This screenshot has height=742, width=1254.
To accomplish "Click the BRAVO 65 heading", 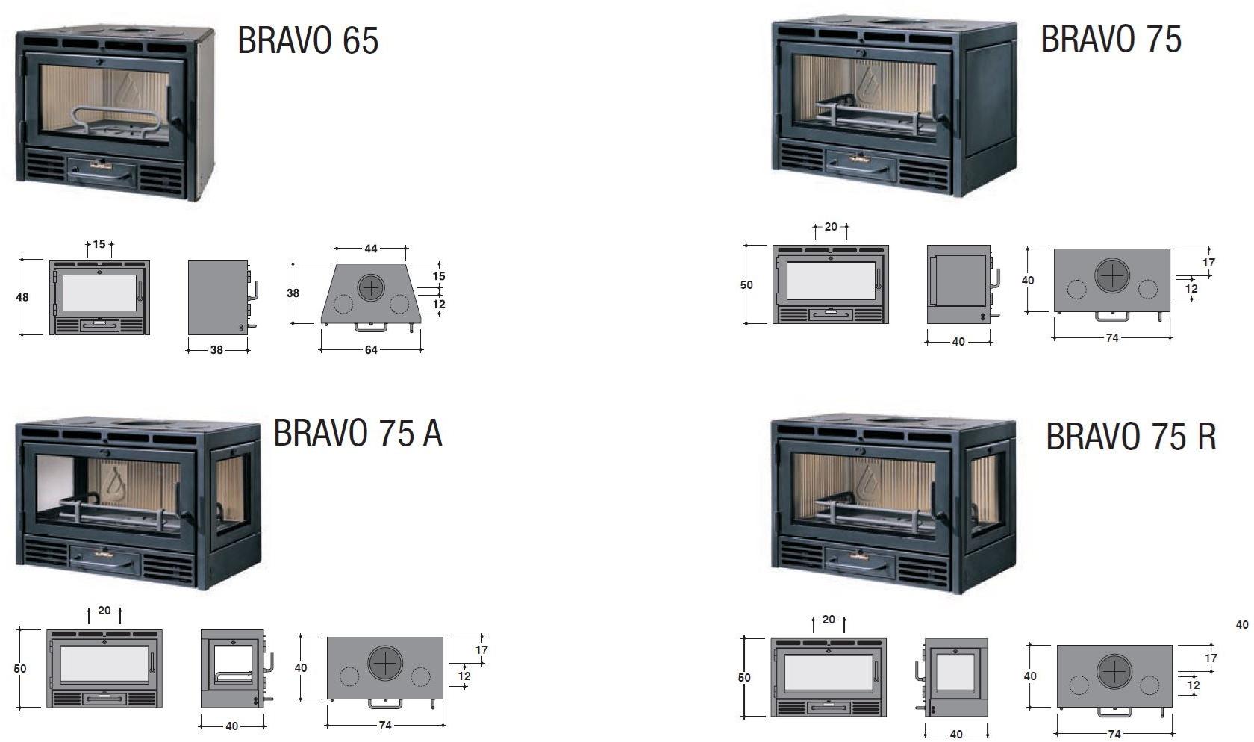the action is pos(308,40).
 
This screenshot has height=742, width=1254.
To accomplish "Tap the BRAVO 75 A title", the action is pos(358,433).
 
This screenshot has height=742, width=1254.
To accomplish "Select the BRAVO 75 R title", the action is pos(1132,437).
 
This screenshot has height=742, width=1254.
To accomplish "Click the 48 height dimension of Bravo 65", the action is pos(22,297).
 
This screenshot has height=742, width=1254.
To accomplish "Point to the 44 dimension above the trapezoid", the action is pos(370,249).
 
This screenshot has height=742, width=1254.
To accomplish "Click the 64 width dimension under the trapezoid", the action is pos(370,350).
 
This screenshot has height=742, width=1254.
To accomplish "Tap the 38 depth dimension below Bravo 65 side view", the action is pos(216,350).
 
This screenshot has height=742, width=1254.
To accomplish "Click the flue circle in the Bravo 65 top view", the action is pos(370,288).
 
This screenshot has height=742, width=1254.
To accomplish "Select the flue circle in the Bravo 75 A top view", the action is pos(385,663).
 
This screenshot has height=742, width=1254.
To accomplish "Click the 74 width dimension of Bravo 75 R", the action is pos(1114,734).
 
